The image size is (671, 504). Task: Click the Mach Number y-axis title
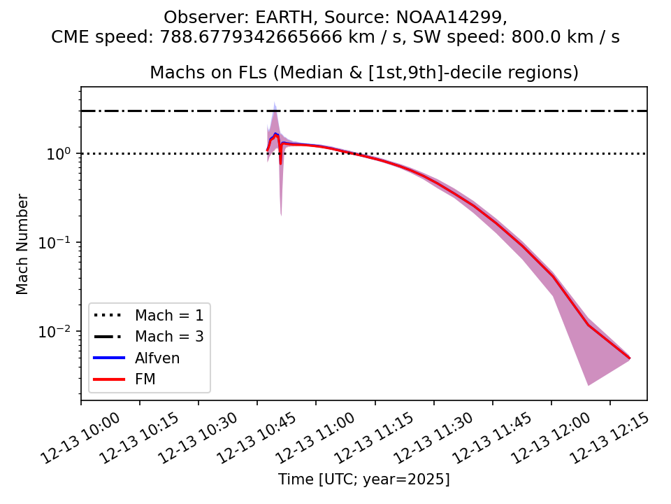[x=23, y=244]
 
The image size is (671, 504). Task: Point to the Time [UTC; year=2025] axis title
[x=363, y=479]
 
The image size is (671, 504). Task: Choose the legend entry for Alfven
[x=157, y=358]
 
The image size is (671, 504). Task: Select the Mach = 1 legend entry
[x=169, y=315]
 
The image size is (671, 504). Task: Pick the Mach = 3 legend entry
[x=169, y=337]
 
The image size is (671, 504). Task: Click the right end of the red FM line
[x=630, y=358]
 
